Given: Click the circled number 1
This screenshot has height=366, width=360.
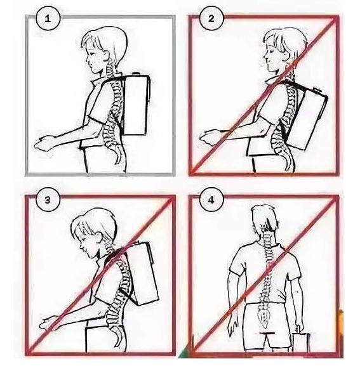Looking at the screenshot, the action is pos(48,18).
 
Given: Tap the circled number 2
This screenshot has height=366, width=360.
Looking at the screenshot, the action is pos(211,18).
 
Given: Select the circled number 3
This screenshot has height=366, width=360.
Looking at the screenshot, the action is pos(48,200).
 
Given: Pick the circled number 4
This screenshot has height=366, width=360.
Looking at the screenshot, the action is pos(211,200).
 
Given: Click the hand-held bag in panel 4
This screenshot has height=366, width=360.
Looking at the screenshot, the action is pos(302,342).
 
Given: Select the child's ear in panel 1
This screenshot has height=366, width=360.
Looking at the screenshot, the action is pos(104,55).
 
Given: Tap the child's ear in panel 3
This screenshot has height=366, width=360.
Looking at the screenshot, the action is pos(98,237).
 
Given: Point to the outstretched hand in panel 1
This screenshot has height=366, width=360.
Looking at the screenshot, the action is pos(44,143).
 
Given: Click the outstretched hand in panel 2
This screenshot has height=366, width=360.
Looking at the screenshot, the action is pos(210,137).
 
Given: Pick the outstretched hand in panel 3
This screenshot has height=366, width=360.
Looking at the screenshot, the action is pos(50,323).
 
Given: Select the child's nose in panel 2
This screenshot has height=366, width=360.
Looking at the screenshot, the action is pos(265,58).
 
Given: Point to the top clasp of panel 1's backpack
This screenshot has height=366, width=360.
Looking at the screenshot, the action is pos(135,74).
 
